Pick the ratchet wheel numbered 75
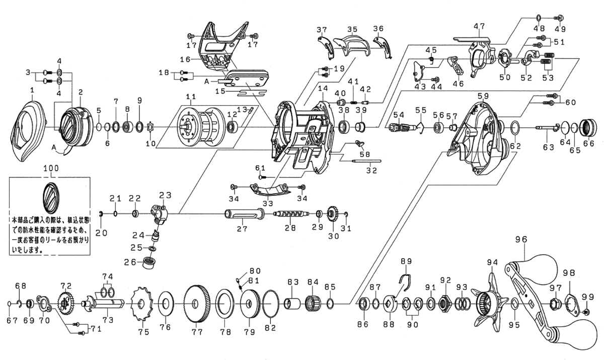coord(141,304)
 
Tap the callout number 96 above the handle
coord(520,240)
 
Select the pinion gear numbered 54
coord(399,128)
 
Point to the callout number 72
coord(66,285)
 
